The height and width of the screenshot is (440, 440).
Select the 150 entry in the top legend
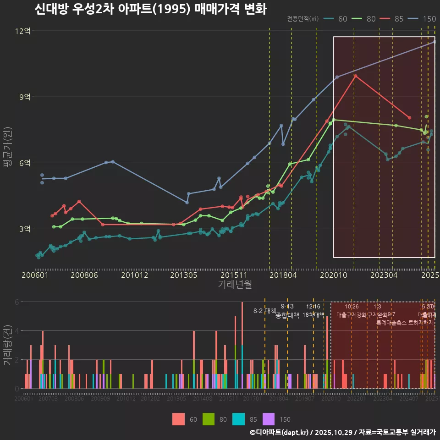click(429, 19)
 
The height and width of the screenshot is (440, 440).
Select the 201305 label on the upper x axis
click(183, 275)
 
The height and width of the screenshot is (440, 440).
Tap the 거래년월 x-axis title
click(235, 285)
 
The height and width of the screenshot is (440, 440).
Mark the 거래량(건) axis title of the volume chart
click(7, 345)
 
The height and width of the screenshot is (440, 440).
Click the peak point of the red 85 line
click(355, 76)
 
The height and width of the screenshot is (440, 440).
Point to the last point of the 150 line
click(434, 42)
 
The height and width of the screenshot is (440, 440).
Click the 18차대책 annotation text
click(313, 315)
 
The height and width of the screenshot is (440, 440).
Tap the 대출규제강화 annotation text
click(352, 315)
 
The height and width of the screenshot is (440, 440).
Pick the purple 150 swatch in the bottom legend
click(269, 419)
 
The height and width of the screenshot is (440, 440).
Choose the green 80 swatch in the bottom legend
click(209, 419)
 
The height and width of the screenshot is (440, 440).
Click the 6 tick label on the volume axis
click(16, 302)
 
